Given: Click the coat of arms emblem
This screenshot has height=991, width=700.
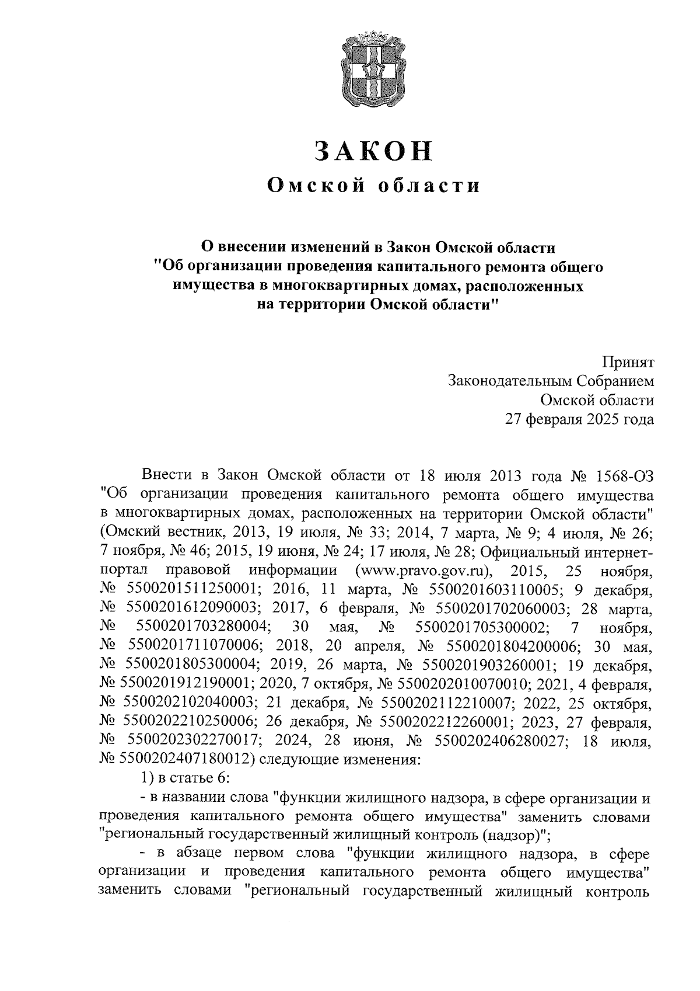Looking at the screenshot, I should (373, 69).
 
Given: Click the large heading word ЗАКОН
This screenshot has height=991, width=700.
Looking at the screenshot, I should (373, 151).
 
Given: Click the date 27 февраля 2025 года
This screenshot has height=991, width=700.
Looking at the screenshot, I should (579, 419).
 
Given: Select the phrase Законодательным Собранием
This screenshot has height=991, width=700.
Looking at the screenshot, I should (551, 381).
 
